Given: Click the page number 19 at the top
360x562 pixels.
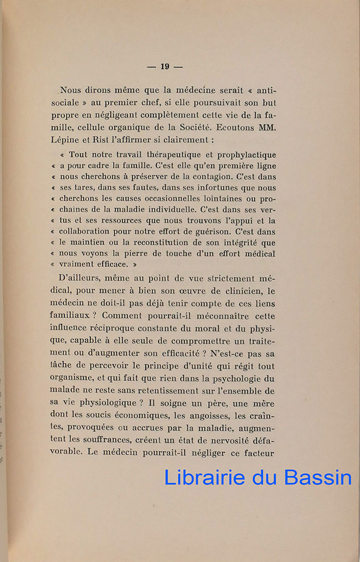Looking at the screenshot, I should pos(164,66).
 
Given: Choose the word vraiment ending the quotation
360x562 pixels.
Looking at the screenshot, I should pos(79,264).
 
